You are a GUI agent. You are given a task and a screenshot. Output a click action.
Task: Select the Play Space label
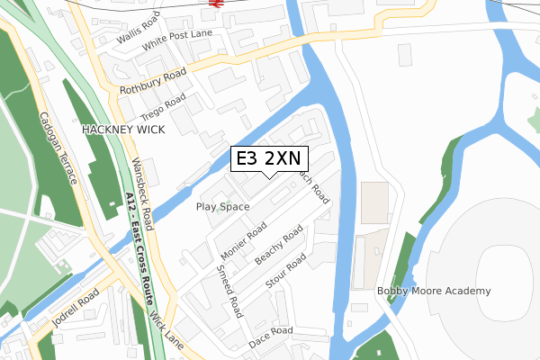[222, 207]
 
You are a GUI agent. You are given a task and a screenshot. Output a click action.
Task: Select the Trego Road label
[163, 107]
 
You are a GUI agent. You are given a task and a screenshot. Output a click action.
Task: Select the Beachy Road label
[278, 247]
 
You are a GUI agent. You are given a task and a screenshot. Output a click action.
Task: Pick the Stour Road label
[286, 273]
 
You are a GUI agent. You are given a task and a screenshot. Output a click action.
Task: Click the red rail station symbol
[215, 3]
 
